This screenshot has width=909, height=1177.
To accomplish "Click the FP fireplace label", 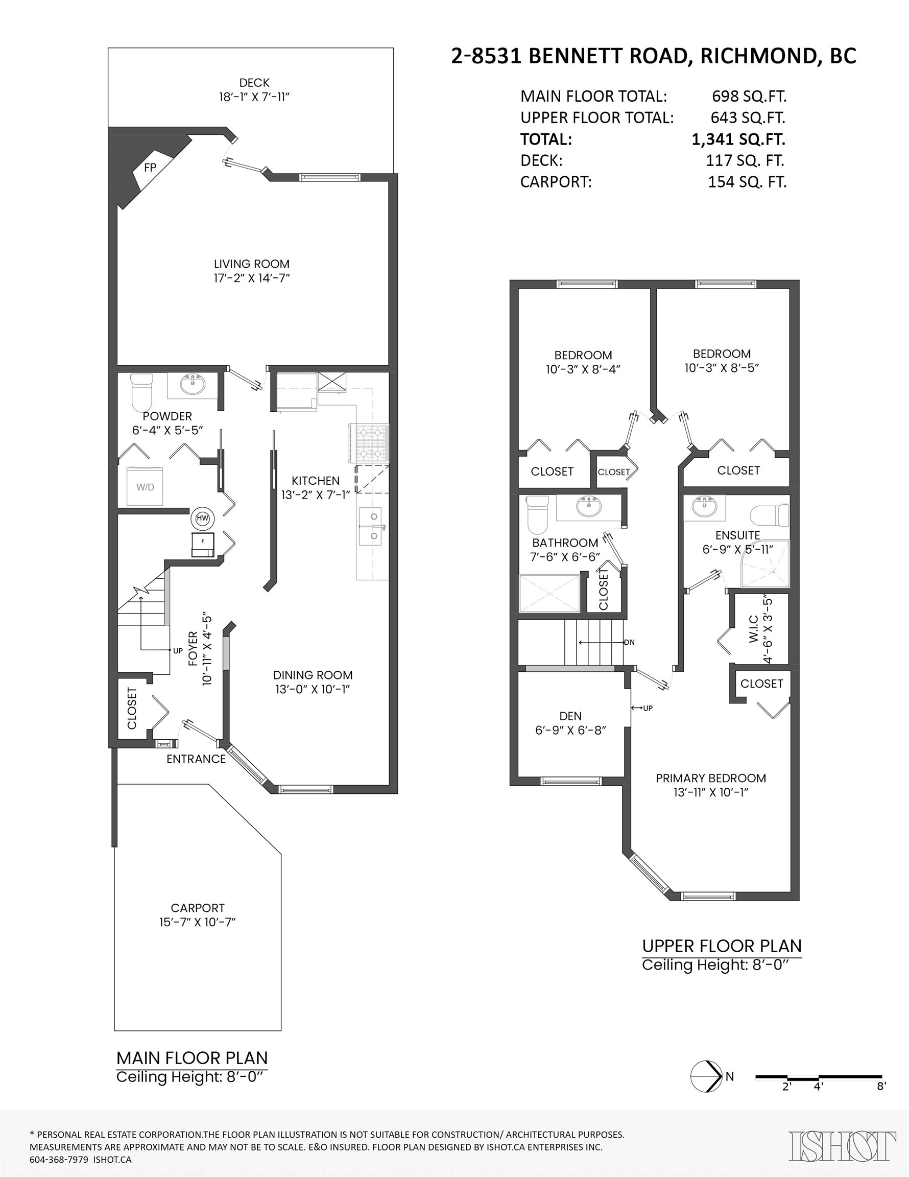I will click(150, 168).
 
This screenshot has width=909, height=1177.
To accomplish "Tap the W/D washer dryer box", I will click(145, 487).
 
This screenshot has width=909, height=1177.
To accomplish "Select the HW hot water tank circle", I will click(203, 519).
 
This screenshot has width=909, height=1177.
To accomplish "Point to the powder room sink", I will click(193, 385).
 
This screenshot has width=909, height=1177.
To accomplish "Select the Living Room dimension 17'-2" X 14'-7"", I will click(251, 278).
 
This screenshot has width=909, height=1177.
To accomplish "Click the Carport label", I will click(198, 908).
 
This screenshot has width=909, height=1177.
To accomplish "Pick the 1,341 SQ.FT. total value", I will click(738, 139).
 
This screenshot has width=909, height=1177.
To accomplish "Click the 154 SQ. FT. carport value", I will click(747, 182).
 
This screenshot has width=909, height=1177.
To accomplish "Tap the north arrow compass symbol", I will click(706, 1076).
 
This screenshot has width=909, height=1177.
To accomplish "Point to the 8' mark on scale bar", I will click(881, 1087).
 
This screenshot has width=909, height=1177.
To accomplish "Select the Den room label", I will click(570, 716).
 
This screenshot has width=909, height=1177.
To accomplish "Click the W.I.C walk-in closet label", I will click(753, 628).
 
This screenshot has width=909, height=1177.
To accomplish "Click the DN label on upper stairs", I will click(629, 642).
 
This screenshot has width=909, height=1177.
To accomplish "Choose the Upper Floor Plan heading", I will click(722, 946).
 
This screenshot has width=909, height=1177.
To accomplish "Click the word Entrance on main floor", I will click(196, 759).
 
